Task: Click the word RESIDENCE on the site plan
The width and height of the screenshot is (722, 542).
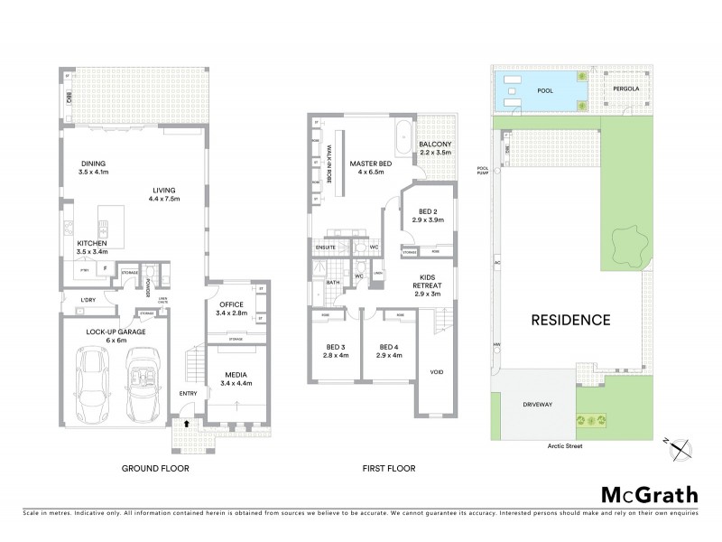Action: (569, 320)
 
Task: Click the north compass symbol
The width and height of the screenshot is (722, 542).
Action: (681, 443)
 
